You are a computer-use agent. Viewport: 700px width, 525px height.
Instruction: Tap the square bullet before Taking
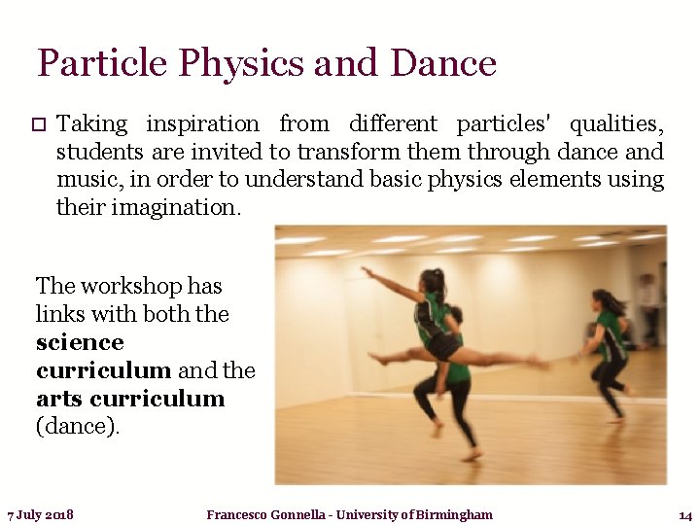pyautogui.click(x=38, y=124)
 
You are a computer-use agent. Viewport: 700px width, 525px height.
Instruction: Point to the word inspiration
pyautogui.click(x=202, y=124)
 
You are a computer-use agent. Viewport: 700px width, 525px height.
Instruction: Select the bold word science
pyautogui.click(x=80, y=342)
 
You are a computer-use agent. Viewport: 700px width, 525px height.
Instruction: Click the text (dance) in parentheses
pyautogui.click(x=78, y=427)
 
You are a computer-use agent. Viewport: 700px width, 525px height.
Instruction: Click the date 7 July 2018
pyautogui.click(x=41, y=514)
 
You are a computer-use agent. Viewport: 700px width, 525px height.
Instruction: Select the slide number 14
pyautogui.click(x=684, y=514)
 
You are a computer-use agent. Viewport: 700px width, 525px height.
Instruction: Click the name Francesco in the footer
pyautogui.click(x=242, y=514)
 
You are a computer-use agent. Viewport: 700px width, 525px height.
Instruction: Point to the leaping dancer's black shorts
pyautogui.click(x=446, y=344)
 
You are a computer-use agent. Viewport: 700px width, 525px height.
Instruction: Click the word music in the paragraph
pyautogui.click(x=86, y=179)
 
